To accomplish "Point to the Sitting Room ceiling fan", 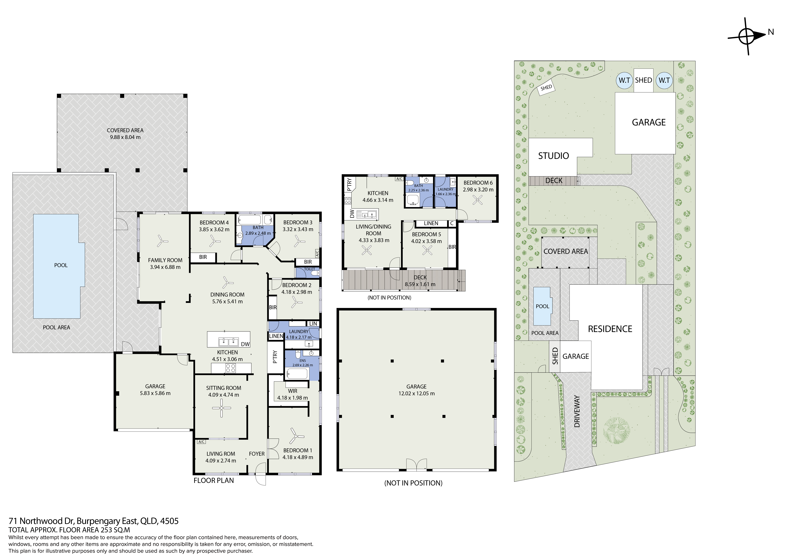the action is (221, 408).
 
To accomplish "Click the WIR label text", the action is (293, 391).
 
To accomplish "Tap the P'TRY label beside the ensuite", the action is (275, 357).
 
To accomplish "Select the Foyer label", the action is (257, 454).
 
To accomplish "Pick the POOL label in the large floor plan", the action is (61, 265).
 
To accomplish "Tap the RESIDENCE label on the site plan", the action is (610, 329).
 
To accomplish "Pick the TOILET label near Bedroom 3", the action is (309, 269).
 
